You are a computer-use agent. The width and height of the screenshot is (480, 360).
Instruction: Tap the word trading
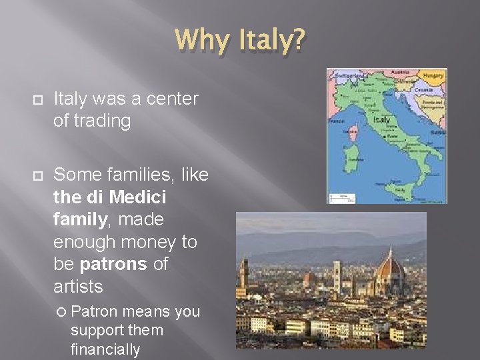(103, 121)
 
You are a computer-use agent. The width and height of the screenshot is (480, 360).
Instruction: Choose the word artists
(79, 287)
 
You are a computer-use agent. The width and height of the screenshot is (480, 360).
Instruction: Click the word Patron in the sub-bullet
(95, 312)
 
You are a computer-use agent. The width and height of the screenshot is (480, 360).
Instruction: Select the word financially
(105, 349)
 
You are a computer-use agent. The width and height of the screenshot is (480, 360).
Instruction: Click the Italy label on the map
(382, 120)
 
